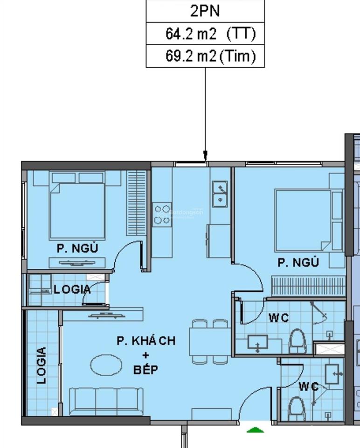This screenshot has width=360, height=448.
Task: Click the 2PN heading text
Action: (206, 11)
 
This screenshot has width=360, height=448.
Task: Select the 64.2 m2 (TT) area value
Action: (210, 34)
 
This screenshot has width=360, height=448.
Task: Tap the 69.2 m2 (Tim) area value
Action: (210, 56)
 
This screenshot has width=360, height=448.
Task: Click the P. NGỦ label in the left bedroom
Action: (77, 248)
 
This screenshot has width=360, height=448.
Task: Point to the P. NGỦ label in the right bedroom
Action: (298, 263)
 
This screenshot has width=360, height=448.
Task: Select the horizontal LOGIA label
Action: (72, 289)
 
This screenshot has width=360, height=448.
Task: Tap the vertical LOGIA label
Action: (42, 365)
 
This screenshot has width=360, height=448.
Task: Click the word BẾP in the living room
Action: (145, 370)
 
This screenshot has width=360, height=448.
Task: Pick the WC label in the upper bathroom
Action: (278, 318)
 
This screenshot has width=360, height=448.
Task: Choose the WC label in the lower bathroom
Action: (309, 386)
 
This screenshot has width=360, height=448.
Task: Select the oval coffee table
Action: (106, 365)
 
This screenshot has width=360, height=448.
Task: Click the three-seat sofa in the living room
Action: (106, 400)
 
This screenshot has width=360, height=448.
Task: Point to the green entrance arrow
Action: (255, 429)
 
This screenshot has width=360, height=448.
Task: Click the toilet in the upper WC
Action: (297, 341)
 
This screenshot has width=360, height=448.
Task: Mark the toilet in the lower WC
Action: (296, 407)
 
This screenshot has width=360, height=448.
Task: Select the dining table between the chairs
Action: (210, 342)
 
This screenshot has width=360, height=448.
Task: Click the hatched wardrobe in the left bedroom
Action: (137, 202)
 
